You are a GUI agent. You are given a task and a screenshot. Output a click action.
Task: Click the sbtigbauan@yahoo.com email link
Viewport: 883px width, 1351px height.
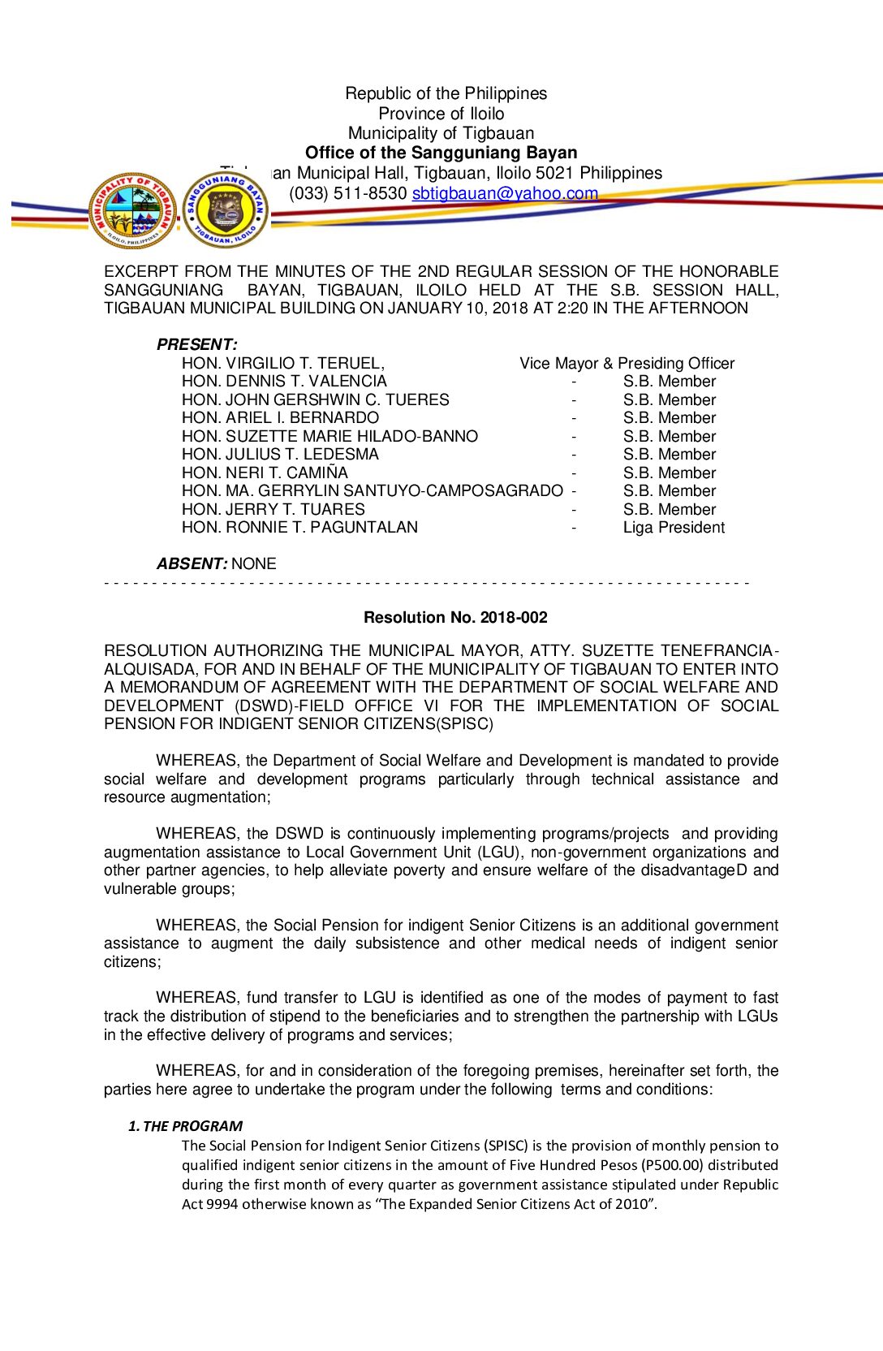[504, 193]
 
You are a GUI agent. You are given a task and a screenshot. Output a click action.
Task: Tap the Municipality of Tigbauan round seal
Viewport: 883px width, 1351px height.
[132, 210]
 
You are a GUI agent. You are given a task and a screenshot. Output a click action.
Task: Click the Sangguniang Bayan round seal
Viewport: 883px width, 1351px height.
[226, 210]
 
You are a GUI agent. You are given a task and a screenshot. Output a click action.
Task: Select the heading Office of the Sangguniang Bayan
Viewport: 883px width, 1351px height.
[441, 153]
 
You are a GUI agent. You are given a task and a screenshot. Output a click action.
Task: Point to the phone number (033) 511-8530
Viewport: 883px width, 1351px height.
[347, 193]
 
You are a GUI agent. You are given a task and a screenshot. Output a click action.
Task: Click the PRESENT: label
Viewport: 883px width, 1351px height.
[196, 344]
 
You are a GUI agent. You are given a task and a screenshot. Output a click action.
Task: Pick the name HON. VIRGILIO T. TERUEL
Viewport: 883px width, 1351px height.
[282, 363]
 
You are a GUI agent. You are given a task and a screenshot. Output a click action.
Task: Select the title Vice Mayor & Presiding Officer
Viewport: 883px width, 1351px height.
[627, 363]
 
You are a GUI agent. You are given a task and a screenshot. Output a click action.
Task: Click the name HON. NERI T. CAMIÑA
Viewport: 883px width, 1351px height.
[265, 473]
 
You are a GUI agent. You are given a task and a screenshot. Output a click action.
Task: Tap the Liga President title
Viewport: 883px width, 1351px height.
[674, 528]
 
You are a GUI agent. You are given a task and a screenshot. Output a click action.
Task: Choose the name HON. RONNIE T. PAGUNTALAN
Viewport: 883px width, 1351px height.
[299, 528]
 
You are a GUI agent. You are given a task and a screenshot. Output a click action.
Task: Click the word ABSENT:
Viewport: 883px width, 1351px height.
[192, 563]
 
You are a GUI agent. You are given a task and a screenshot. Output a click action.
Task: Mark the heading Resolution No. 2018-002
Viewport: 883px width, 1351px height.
[455, 617]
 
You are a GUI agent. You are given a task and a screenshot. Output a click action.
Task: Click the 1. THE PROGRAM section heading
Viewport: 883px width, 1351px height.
[186, 1126]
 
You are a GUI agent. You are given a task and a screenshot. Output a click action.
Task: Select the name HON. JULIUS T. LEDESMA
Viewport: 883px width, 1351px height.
[280, 455]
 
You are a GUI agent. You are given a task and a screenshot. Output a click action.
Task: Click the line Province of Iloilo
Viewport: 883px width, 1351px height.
[441, 114]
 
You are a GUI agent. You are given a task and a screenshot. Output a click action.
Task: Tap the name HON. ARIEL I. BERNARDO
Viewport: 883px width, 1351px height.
[280, 418]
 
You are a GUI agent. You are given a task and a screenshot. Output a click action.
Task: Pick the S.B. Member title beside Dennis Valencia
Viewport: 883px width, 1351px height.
[670, 382]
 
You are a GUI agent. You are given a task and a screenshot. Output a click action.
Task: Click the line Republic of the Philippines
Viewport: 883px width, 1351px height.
[446, 93]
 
